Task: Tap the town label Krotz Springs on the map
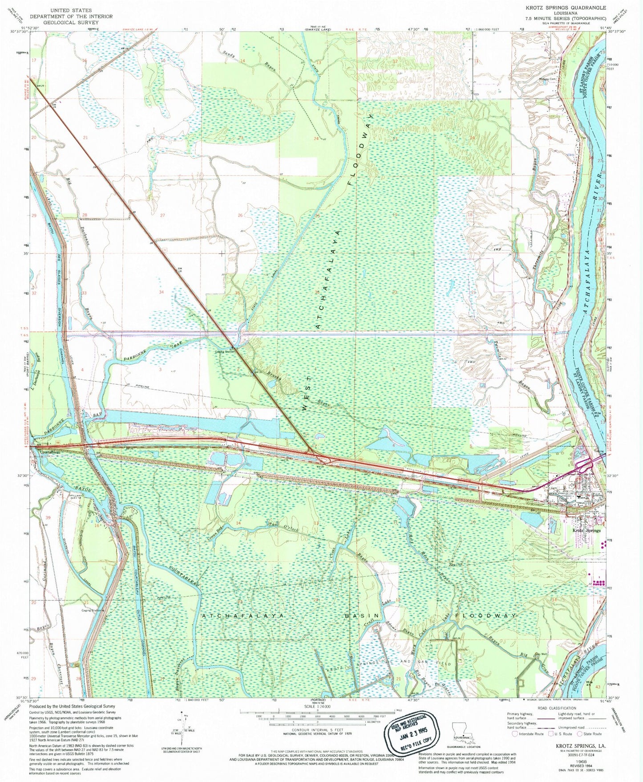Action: pyautogui.click(x=586, y=530)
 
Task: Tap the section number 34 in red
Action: pyautogui.click(x=162, y=292)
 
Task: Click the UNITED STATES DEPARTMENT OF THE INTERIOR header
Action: pyautogui.click(x=71, y=13)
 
